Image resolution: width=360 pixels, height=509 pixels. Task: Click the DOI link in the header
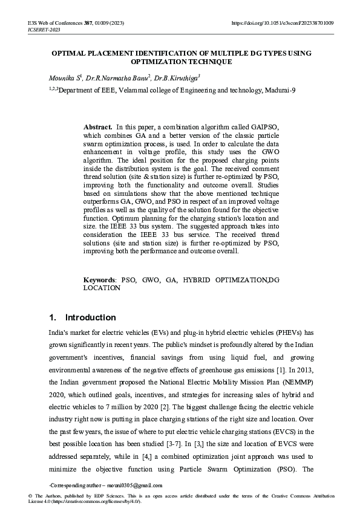[283, 22]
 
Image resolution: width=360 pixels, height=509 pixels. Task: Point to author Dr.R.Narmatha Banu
[120, 78]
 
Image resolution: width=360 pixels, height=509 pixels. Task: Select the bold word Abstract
[97, 128]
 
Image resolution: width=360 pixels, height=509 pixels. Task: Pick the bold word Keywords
[99, 280]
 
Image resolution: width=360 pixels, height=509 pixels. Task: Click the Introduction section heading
[90, 317]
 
